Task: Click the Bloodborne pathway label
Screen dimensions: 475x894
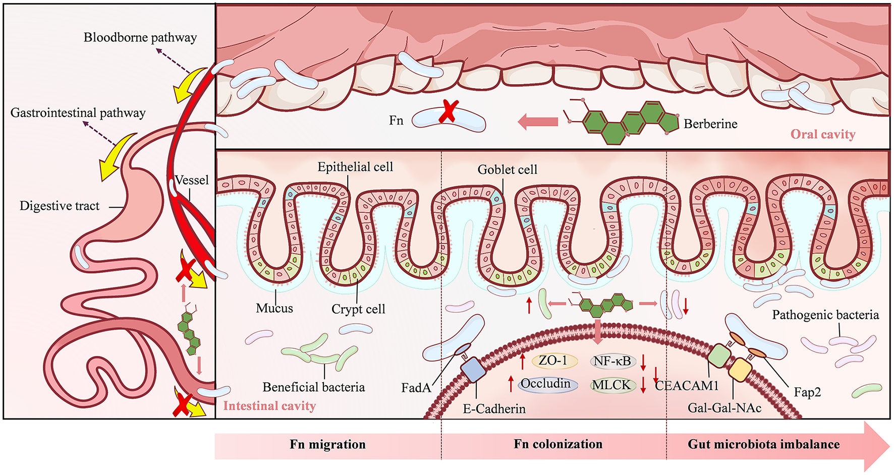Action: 140,38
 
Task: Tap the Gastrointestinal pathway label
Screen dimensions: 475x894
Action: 78,113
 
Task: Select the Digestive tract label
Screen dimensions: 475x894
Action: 60,206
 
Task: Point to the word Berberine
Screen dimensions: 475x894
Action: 710,124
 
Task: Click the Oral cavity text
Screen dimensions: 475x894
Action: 822,134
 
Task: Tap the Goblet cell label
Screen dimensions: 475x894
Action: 507,170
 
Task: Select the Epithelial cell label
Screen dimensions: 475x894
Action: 355,167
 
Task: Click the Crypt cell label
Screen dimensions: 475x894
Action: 358,309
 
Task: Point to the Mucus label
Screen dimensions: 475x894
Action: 274,308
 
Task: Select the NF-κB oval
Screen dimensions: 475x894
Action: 612,361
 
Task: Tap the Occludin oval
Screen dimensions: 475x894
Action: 546,384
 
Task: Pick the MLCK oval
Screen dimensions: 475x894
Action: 611,385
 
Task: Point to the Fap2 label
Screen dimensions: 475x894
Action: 807,392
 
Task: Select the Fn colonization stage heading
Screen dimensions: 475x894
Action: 558,444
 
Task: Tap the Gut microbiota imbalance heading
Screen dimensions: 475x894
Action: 763,444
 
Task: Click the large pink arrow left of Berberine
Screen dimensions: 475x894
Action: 538,122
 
